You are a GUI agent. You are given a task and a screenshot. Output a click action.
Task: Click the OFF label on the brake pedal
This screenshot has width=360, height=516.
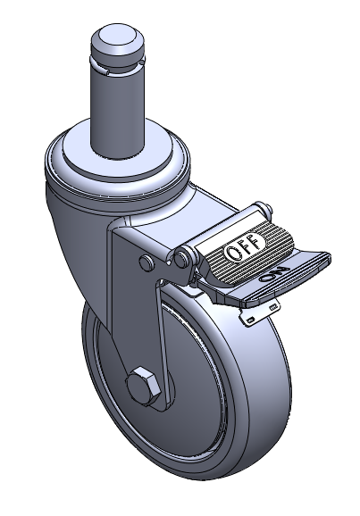[x=246, y=247]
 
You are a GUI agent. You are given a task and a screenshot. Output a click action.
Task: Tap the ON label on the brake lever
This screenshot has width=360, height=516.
[x=273, y=274]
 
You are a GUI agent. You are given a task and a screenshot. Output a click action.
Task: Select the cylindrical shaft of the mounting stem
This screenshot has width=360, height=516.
[x=117, y=112]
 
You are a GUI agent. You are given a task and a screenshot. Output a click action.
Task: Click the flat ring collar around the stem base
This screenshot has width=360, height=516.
[x=118, y=154]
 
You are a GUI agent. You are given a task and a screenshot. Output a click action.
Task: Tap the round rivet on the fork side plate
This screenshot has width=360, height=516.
[x=147, y=262]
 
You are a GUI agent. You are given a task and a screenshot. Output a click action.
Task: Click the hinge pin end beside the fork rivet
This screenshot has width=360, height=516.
[x=181, y=259]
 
